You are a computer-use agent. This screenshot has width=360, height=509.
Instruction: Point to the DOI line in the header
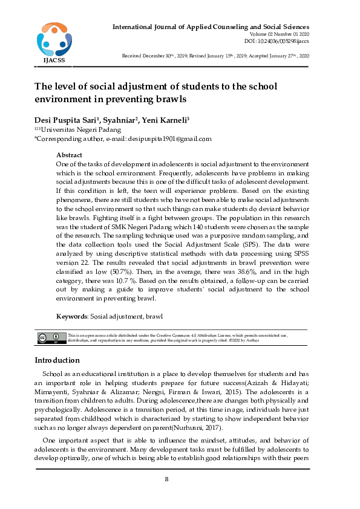pyautogui.click(x=277, y=41)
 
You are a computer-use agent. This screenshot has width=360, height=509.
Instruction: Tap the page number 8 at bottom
pyautogui.click(x=166, y=479)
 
